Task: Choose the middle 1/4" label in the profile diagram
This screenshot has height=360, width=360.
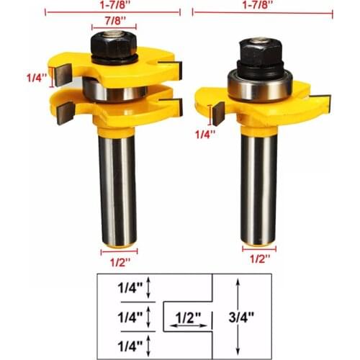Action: pyautogui.click(x=130, y=315)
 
